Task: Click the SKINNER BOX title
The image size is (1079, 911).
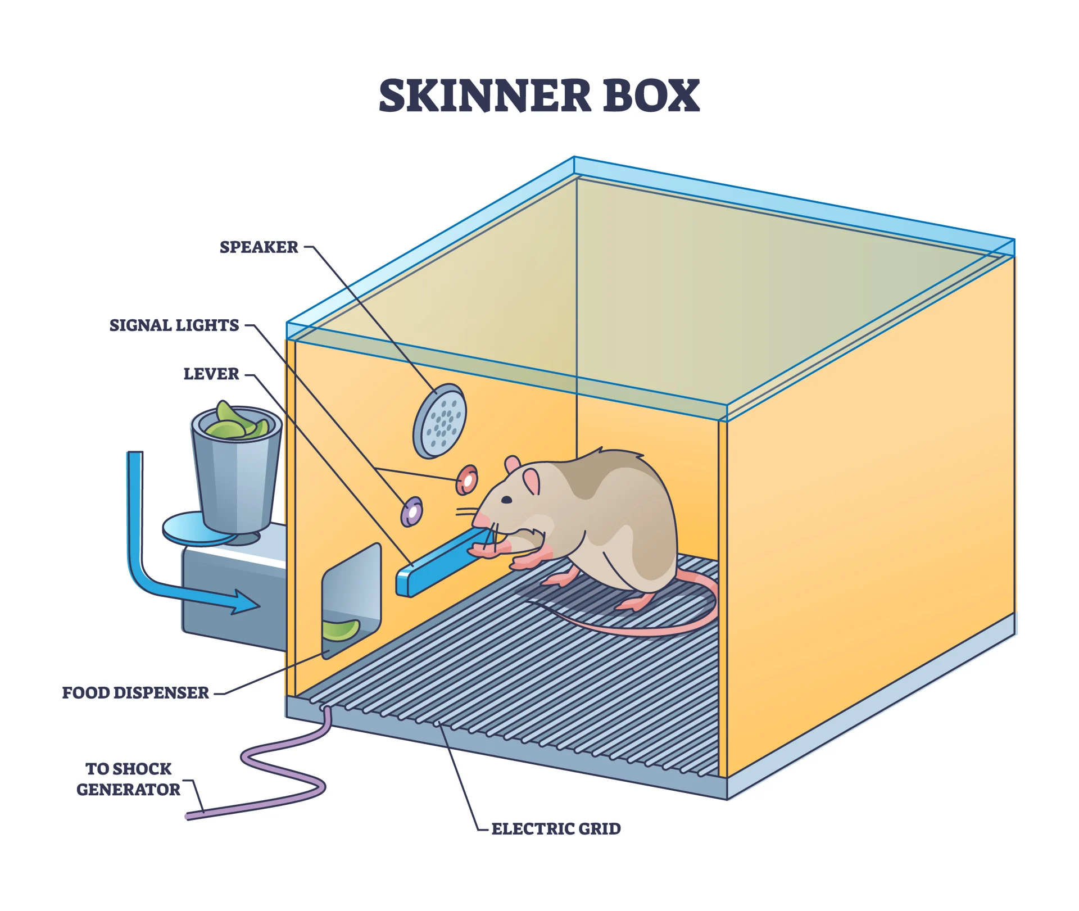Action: pyautogui.click(x=539, y=96)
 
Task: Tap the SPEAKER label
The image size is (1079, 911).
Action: pyautogui.click(x=259, y=247)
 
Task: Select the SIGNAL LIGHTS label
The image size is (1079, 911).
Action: pyautogui.click(x=174, y=325)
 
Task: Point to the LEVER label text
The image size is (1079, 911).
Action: pyautogui.click(x=211, y=374)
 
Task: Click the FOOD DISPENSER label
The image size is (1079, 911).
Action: pyautogui.click(x=135, y=693)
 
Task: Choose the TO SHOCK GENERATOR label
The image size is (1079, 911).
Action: pyautogui.click(x=129, y=779)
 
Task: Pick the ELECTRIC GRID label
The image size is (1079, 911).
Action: pyautogui.click(x=556, y=829)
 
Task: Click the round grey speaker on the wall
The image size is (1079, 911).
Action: pyautogui.click(x=440, y=420)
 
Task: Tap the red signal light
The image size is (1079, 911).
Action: pyautogui.click(x=466, y=480)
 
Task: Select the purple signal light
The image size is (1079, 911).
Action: pyautogui.click(x=412, y=511)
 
